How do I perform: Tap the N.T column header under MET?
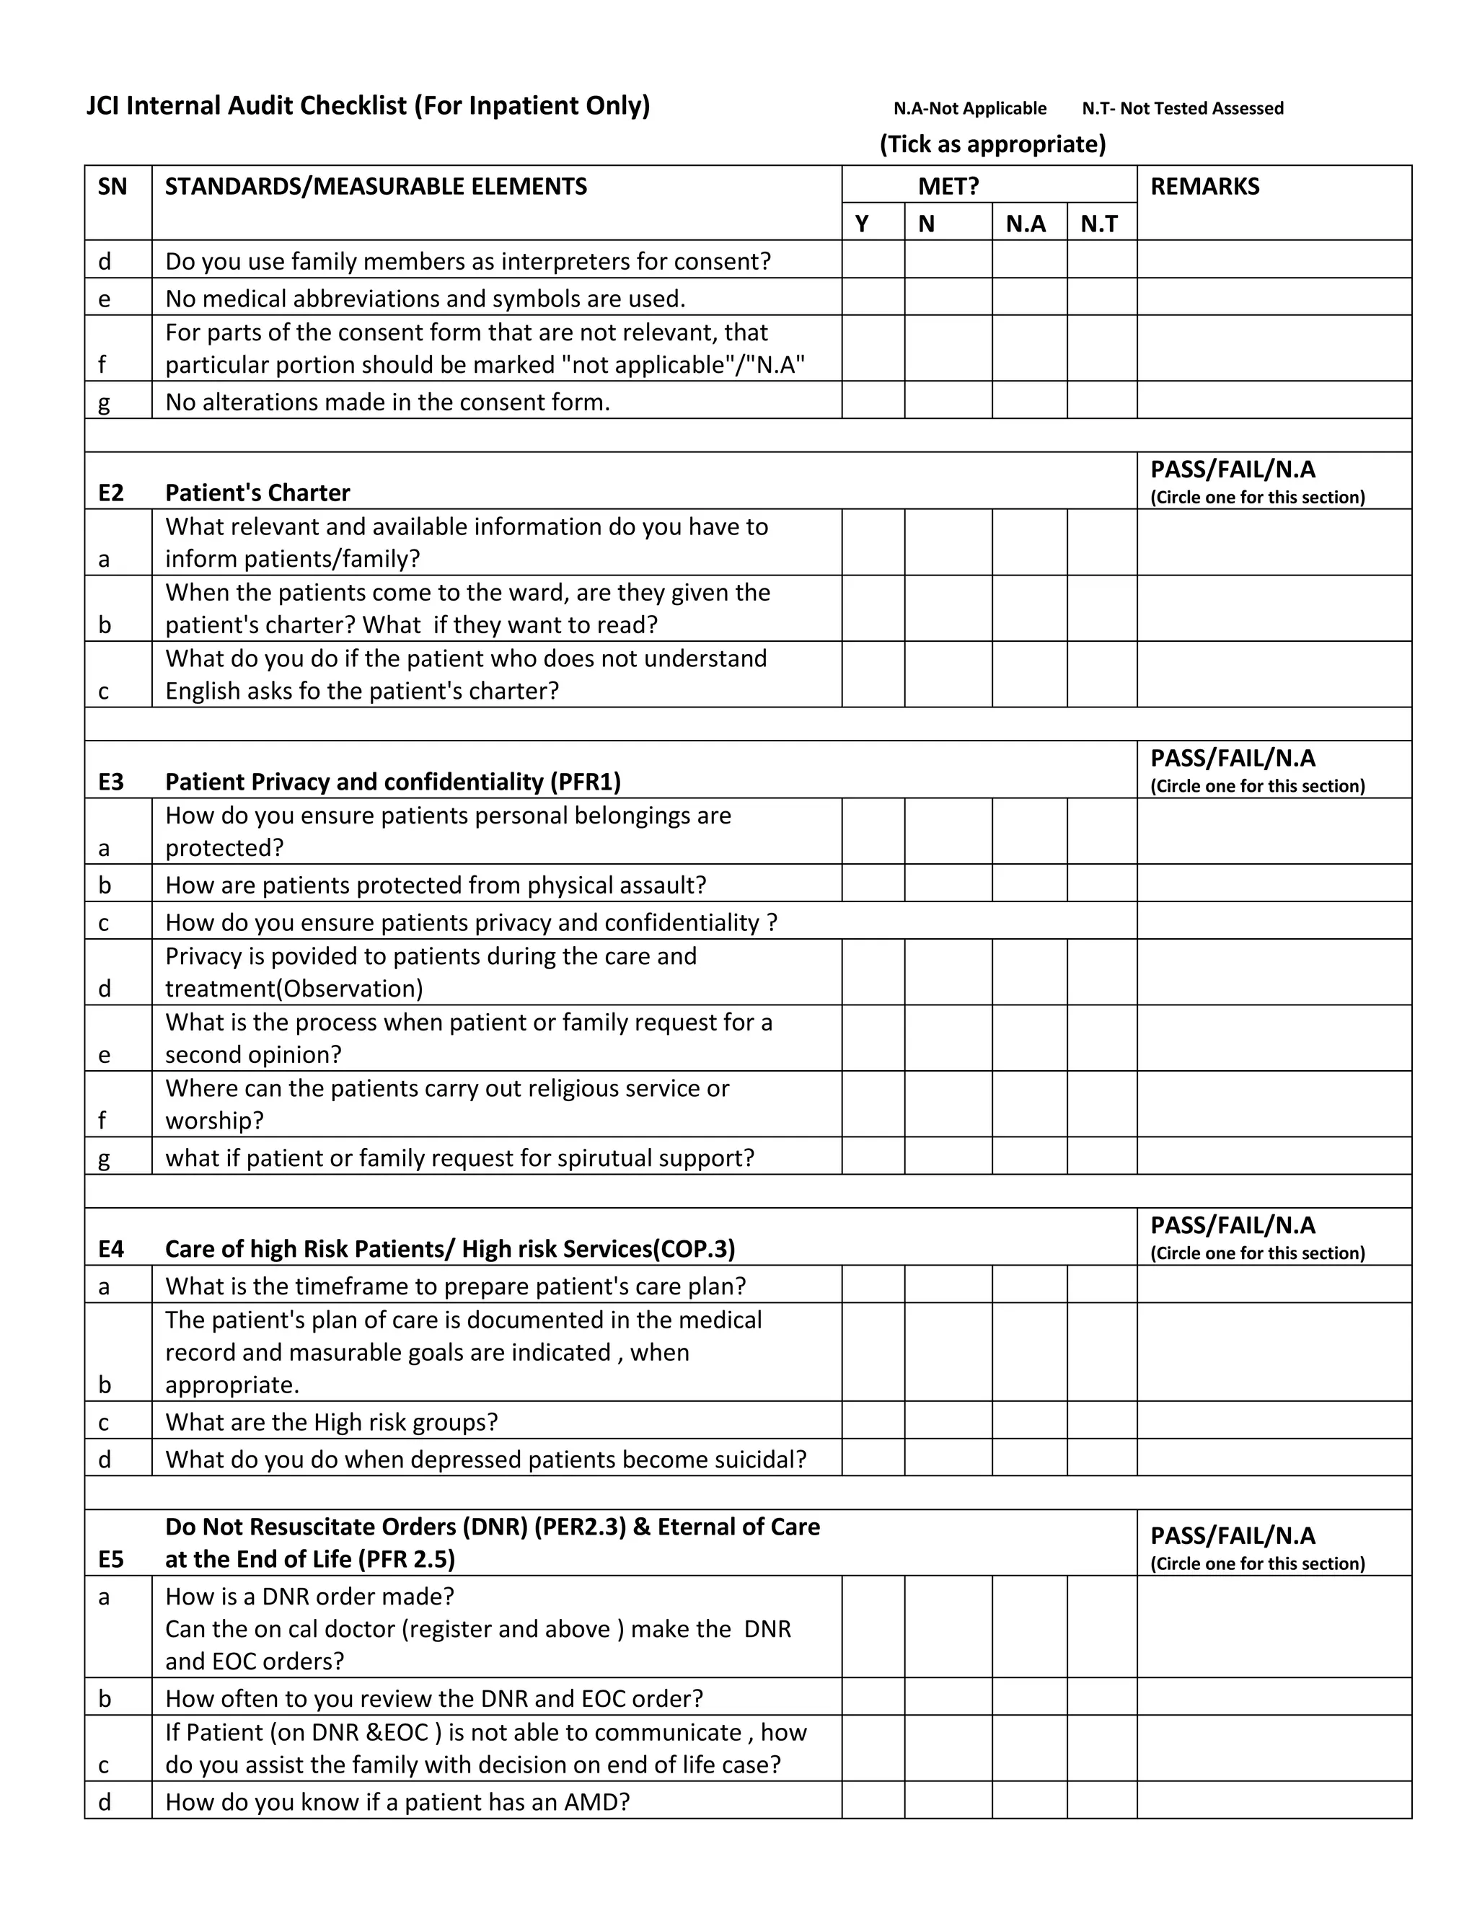tap(1099, 224)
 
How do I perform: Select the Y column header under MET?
tap(862, 224)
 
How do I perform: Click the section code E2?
tap(111, 493)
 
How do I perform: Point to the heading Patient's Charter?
tap(257, 493)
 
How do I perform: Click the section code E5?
tap(111, 1558)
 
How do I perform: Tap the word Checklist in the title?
tap(353, 106)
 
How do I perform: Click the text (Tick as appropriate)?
tap(992, 144)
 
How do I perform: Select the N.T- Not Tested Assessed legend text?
tap(1182, 108)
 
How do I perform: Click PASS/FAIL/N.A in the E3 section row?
tap(1232, 758)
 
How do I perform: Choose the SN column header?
tap(112, 186)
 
